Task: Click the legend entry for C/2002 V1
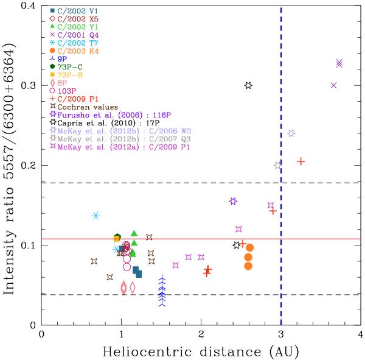[69, 12]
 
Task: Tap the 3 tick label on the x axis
[280, 334]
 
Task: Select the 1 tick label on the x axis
[121, 334]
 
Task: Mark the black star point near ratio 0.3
[248, 86]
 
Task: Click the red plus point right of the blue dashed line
[301, 161]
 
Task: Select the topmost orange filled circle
[249, 247]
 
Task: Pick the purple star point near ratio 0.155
[233, 201]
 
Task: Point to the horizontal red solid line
[182, 239]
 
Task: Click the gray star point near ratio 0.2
[277, 165]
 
